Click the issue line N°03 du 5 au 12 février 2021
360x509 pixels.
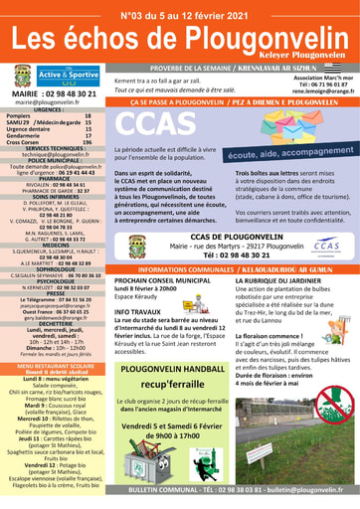[180, 12]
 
